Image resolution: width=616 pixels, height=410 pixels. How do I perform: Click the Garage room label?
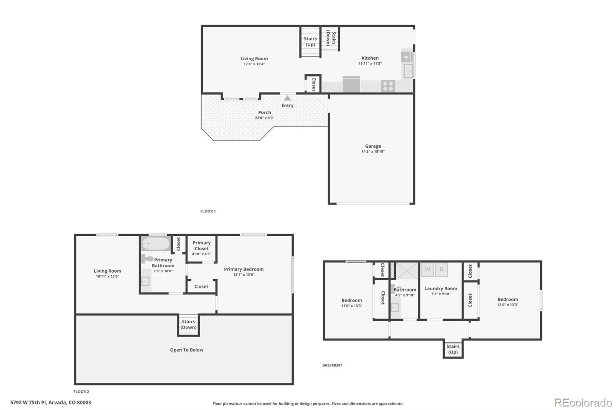[373, 146]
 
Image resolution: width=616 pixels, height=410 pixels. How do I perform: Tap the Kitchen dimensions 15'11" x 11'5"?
[370, 63]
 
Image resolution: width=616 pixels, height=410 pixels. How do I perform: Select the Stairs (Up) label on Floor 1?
[310, 42]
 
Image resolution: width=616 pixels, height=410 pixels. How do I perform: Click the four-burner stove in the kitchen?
[388, 86]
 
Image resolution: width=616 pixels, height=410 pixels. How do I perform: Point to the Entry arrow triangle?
[288, 98]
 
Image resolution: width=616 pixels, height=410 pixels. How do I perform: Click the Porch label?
[264, 113]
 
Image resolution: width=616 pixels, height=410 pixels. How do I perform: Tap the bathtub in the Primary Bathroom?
[156, 244]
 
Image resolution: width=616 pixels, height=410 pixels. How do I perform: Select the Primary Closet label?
[201, 245]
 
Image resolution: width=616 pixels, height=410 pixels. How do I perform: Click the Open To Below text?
[186, 350]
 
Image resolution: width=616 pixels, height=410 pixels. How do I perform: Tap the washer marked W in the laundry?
[427, 270]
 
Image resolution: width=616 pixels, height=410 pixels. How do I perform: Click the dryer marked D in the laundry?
[442, 270]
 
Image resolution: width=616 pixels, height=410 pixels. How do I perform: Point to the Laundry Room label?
[441, 288]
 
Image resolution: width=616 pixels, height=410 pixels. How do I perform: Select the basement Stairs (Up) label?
[453, 349]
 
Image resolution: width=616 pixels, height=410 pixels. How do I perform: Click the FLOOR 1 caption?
[208, 211]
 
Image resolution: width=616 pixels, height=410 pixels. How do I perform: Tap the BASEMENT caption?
[332, 365]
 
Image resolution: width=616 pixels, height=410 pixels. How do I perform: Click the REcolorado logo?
[583, 403]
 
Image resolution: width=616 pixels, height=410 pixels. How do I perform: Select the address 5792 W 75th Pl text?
[50, 403]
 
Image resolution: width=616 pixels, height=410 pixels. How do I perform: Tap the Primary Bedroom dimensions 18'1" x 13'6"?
[244, 275]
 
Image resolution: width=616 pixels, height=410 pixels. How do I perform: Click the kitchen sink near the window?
[407, 71]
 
